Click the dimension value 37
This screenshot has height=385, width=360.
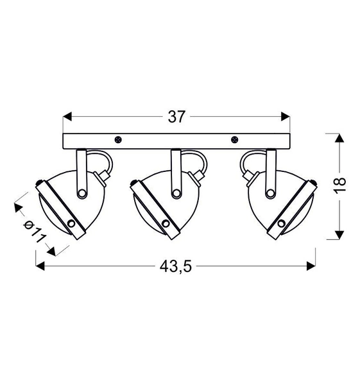tap(177, 117)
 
